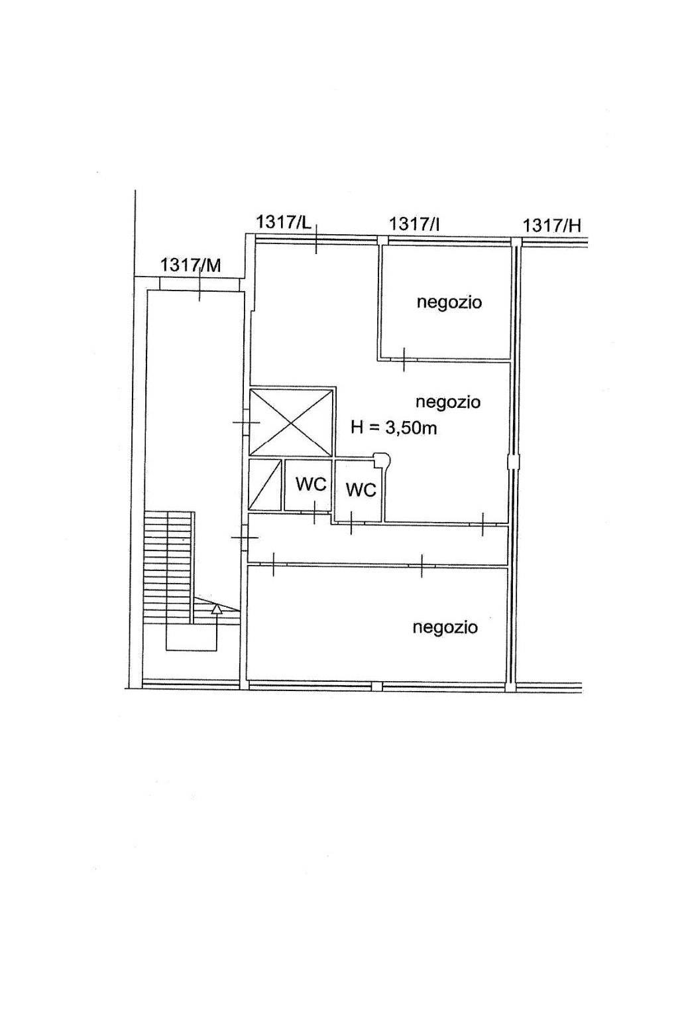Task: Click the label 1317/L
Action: pos(284,222)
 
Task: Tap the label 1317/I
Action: pos(414,224)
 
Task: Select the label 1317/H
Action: pos(551,226)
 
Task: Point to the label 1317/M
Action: pos(190,265)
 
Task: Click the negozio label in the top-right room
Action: pos(449,302)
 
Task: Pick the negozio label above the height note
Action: pos(447,402)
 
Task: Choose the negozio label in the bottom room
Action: pos(445,627)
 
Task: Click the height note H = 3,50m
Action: pos(394,428)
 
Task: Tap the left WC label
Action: pos(311,485)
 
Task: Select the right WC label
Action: pos(361,490)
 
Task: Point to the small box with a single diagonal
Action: pos(265,485)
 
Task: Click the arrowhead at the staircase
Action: pos(216,608)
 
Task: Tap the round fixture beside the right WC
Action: pos(382,458)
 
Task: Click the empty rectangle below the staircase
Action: pos(192,637)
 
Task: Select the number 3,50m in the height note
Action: pos(411,428)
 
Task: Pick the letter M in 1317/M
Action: pos(213,266)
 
